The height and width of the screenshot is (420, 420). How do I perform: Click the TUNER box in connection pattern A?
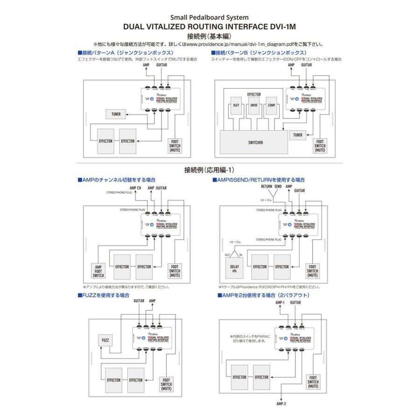115,114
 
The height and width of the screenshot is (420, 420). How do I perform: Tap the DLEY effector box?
236,105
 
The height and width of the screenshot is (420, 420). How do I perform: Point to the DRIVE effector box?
254,105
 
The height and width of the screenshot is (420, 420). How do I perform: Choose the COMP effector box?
272,105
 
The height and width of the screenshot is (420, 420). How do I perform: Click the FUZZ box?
105,341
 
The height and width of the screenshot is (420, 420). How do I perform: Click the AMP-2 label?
281,404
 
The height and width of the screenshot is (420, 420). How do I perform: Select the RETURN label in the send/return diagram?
266,186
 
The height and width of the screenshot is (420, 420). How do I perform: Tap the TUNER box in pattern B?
298,135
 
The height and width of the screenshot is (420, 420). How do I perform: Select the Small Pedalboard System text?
210,18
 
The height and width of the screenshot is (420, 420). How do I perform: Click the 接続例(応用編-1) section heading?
210,170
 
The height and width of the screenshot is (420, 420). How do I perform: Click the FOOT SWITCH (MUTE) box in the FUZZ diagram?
167,384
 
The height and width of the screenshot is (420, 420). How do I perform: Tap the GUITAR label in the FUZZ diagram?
139,301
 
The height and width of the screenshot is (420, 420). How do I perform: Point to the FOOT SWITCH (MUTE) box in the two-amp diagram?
314,382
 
